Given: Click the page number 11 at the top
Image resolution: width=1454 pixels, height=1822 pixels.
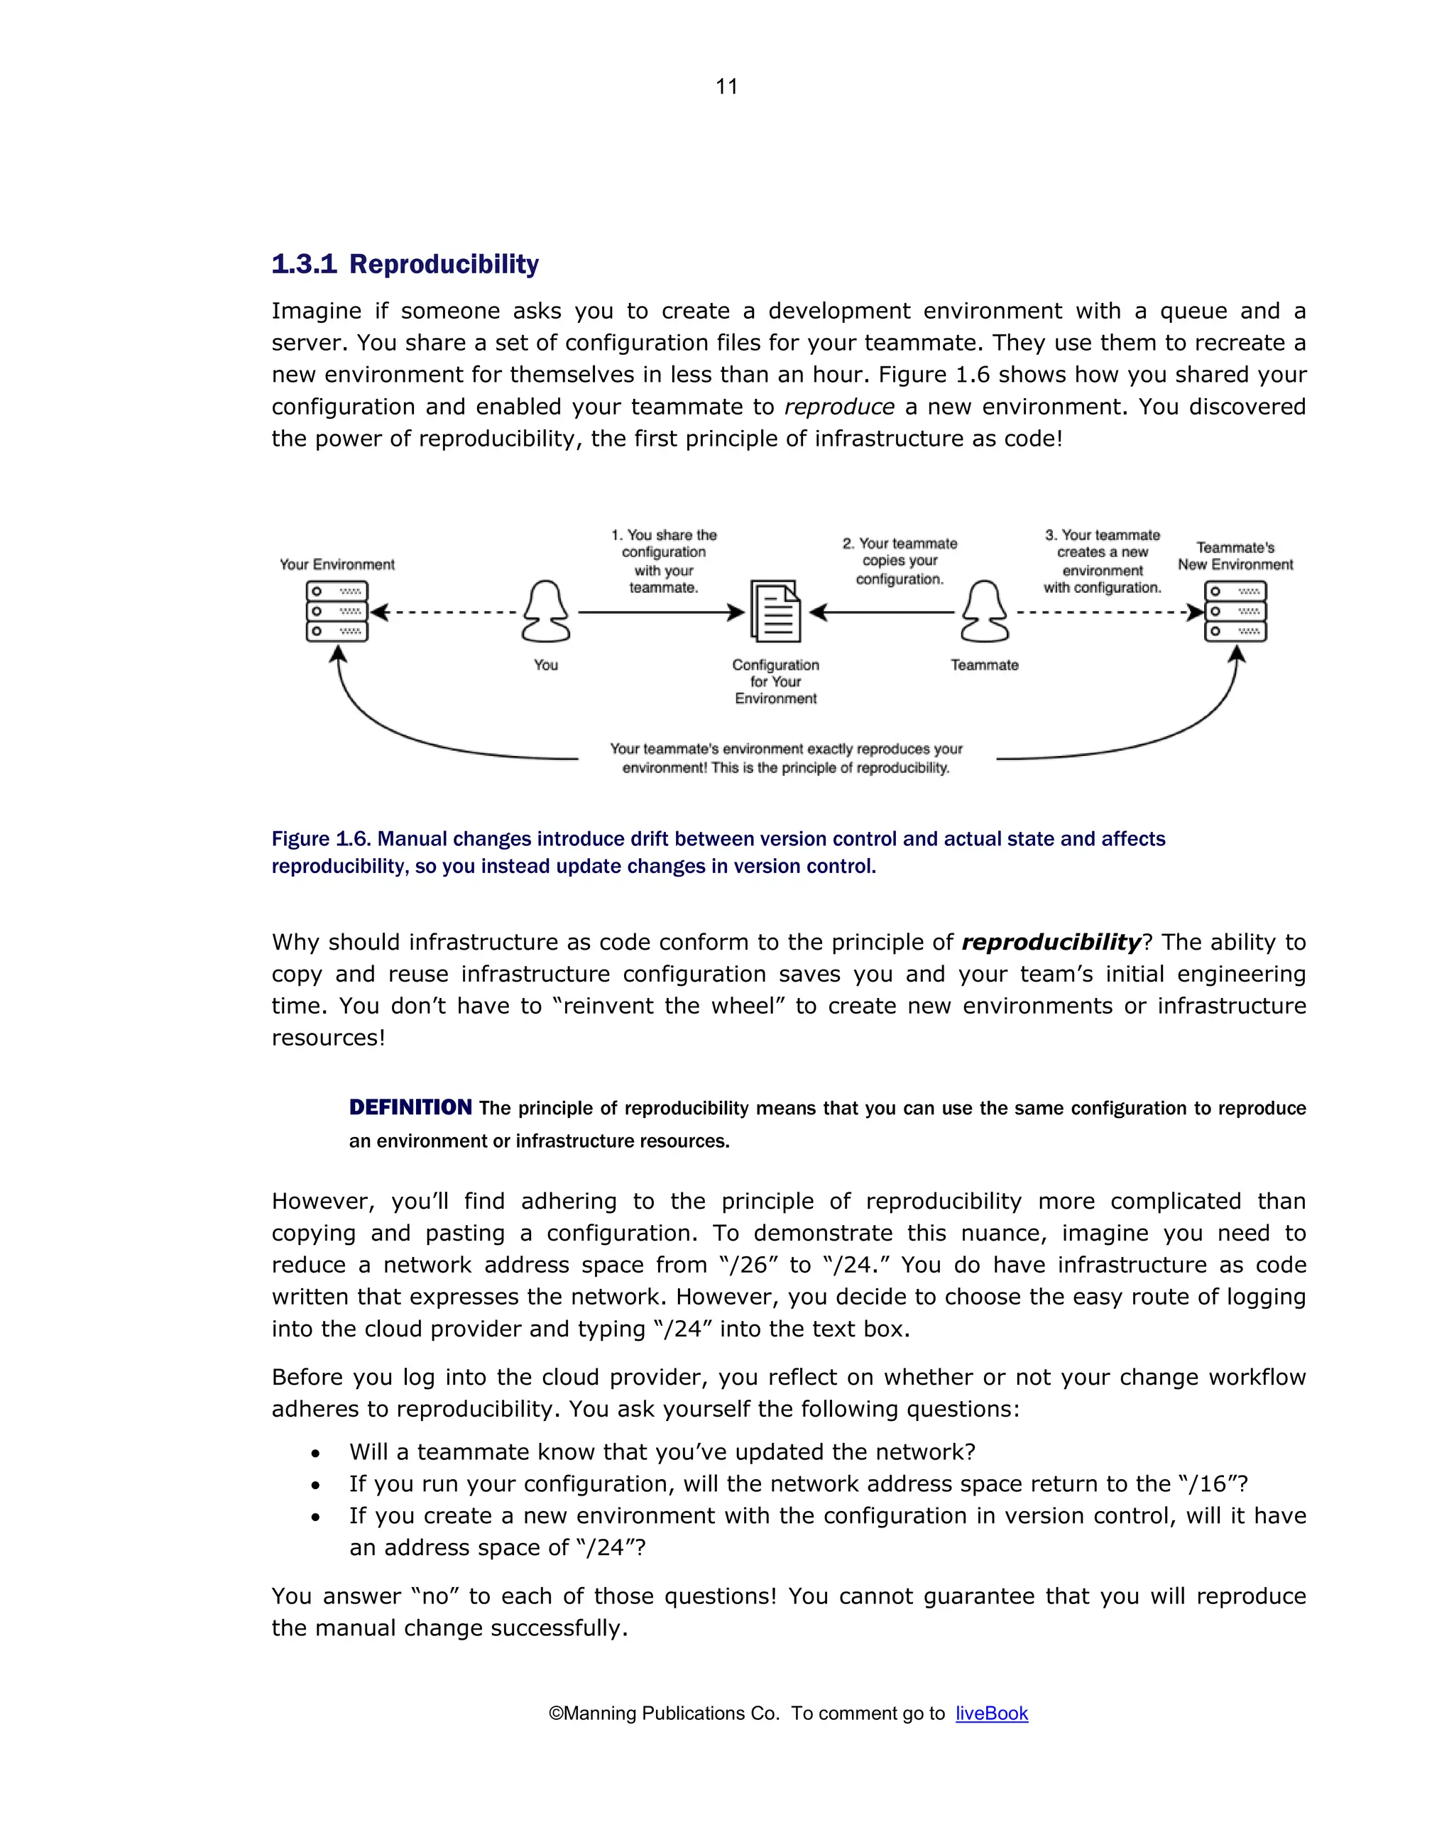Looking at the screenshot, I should [x=726, y=86].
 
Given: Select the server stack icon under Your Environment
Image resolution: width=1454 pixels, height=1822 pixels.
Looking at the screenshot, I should [x=337, y=611].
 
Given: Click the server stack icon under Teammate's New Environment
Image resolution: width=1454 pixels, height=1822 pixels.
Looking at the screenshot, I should [x=1235, y=611].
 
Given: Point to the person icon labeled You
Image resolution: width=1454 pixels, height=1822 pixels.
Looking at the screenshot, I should [x=545, y=611].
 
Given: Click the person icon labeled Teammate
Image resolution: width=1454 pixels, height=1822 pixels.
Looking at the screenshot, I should [x=984, y=611].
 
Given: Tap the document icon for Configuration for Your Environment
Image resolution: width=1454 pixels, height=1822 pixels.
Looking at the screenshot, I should [x=775, y=611].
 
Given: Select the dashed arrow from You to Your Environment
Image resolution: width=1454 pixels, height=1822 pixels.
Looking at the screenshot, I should [x=444, y=612].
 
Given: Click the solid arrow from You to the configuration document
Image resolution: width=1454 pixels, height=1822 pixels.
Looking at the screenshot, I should [x=660, y=612].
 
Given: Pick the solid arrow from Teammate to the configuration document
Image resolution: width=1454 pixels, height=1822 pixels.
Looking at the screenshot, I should [x=883, y=612].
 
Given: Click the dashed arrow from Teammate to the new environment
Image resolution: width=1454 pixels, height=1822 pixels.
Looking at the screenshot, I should [x=1108, y=612].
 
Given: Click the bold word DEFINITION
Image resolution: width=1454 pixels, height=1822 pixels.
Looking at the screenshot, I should [x=410, y=1107].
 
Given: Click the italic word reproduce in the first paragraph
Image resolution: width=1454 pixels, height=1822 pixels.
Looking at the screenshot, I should [x=838, y=407].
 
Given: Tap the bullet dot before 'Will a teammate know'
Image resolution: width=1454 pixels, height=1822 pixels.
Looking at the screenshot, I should [x=315, y=1454].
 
